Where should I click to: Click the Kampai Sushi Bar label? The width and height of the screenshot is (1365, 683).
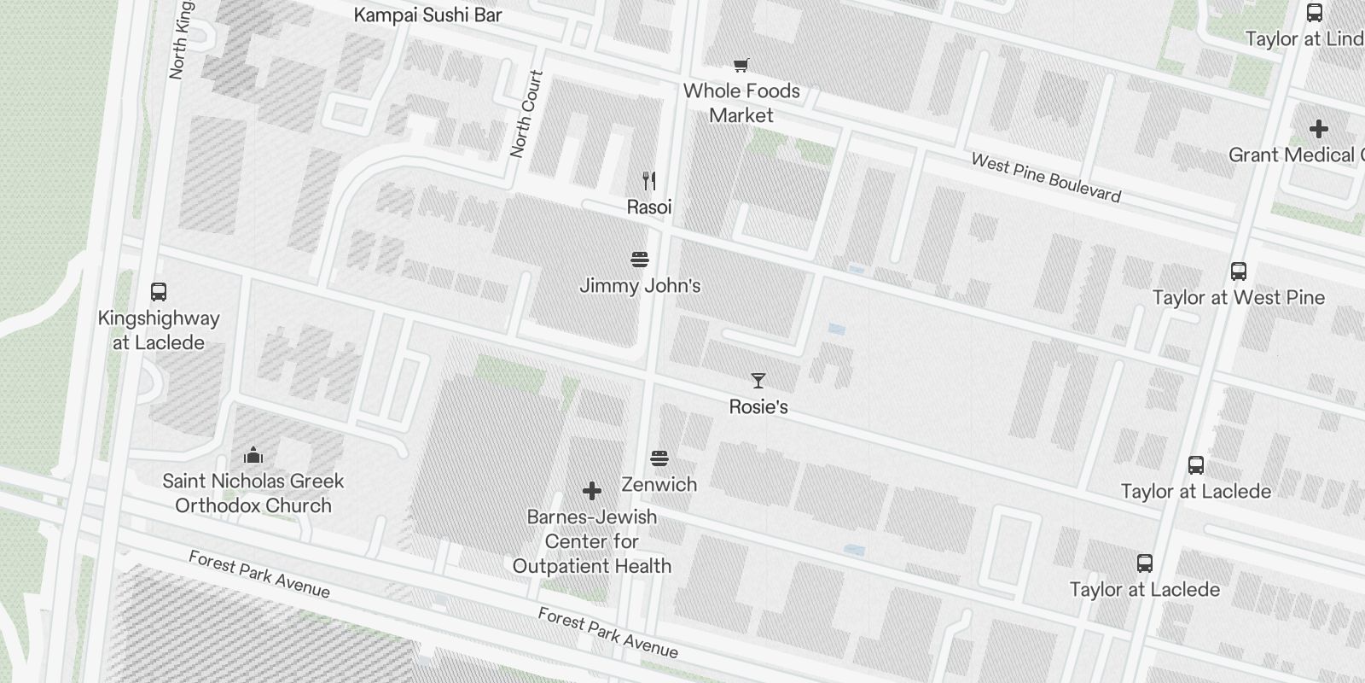pos(427,15)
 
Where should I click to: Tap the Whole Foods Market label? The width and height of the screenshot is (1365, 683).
pos(741,102)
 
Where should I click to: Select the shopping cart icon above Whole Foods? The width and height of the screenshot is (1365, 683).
pos(741,65)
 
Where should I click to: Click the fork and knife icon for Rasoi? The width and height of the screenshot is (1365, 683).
pos(649,180)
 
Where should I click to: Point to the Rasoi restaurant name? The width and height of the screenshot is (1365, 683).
pos(649,207)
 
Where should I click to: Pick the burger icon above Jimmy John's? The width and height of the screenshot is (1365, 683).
pos(640,260)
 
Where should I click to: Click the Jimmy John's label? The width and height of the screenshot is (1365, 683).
pos(640,286)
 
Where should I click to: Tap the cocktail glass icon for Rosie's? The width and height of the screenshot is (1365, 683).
pos(758,381)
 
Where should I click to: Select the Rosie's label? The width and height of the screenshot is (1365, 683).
pos(758,407)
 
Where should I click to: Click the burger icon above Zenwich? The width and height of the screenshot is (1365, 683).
pos(659,458)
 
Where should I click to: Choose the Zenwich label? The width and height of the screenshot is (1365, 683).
pos(659,484)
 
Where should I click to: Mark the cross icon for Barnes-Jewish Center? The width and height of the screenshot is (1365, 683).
pos(591,491)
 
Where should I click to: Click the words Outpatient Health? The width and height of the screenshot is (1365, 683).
pos(591,566)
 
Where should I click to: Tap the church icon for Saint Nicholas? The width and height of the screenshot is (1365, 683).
pos(253,455)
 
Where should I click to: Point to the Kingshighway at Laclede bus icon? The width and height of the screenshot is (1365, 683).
pos(158,292)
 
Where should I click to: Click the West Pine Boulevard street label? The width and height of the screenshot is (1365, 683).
pos(1046,178)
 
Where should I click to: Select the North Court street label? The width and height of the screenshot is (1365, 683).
pos(526,114)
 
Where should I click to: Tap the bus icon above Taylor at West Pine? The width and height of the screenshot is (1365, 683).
pos(1239,271)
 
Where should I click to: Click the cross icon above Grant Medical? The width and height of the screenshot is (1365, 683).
pos(1318,129)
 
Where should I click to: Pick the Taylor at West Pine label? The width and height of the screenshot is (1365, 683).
pos(1239,298)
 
